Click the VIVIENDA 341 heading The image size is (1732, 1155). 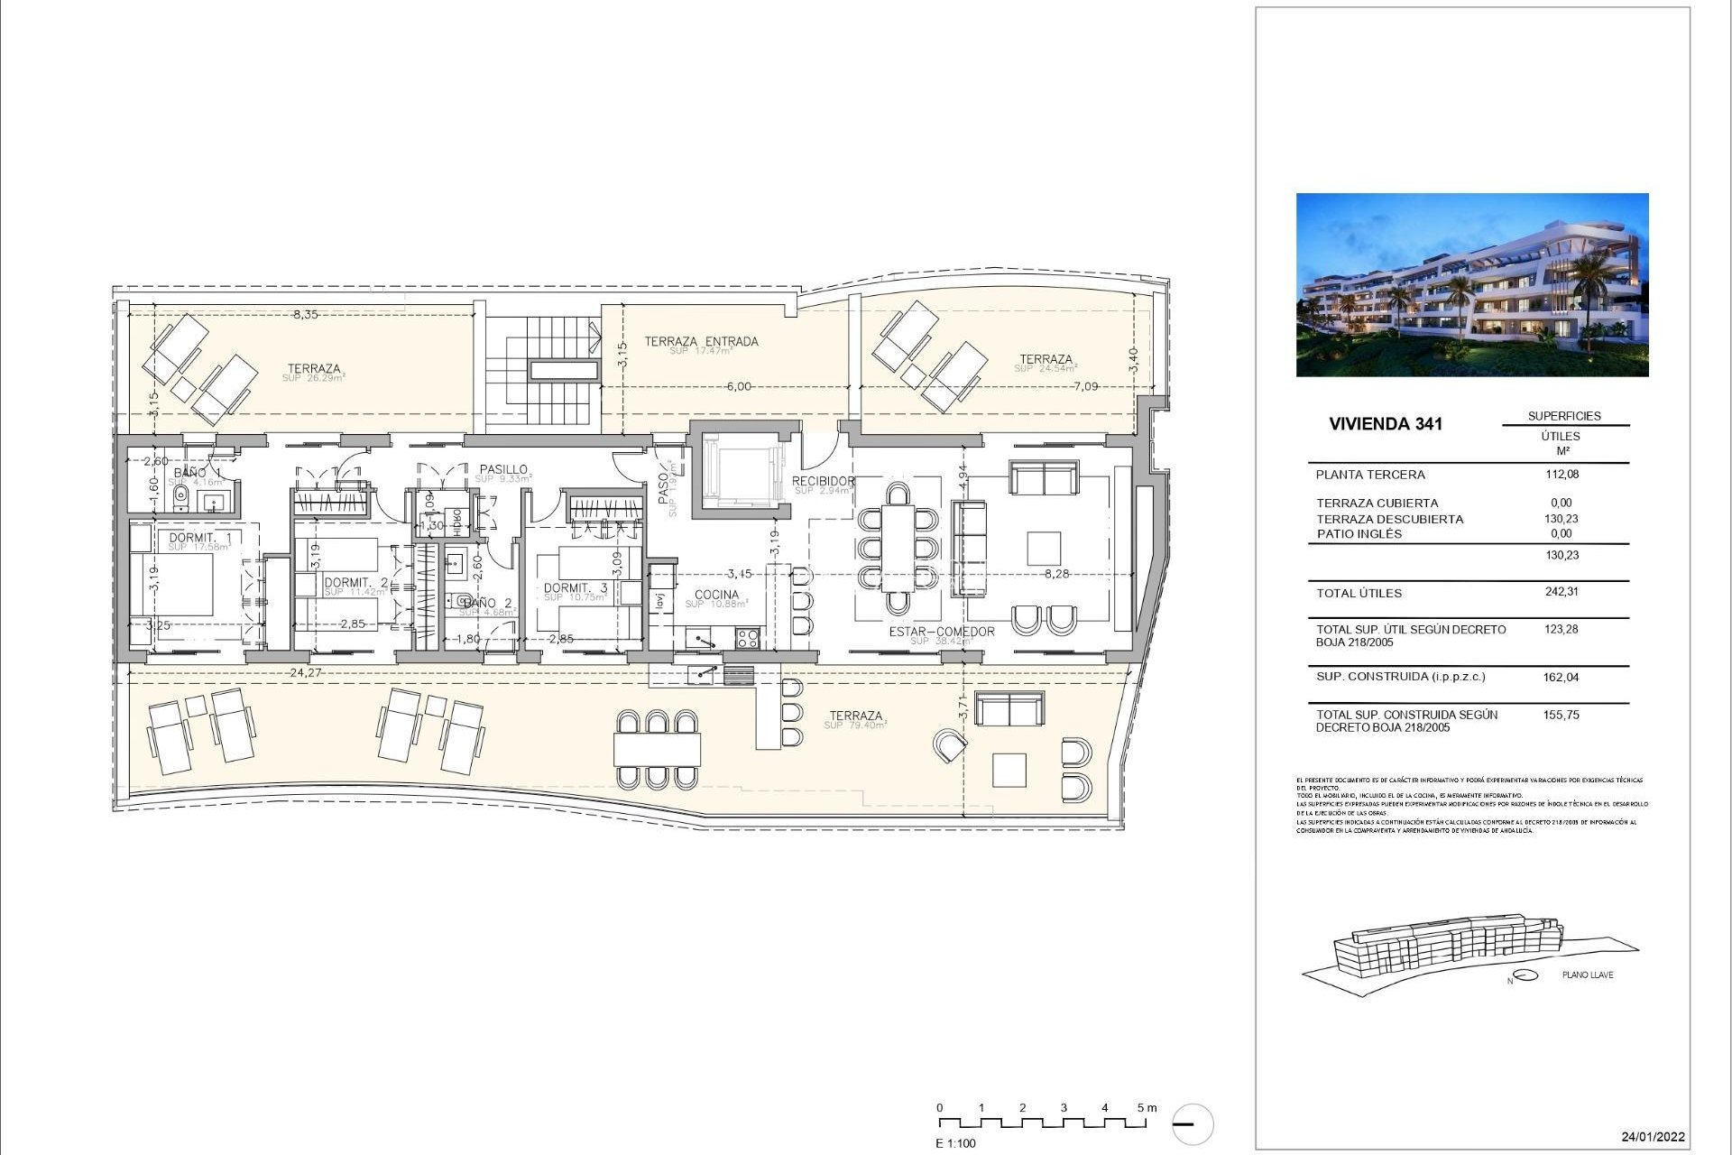click(x=1385, y=424)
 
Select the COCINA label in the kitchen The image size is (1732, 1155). click(x=716, y=595)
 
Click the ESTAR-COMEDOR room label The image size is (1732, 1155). click(x=941, y=632)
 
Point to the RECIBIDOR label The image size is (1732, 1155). click(x=823, y=482)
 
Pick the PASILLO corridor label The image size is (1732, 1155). click(x=503, y=469)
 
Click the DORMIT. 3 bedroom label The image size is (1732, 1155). click(x=576, y=588)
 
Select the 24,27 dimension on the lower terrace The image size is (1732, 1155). click(x=308, y=672)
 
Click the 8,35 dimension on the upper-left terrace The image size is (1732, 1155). click(x=305, y=315)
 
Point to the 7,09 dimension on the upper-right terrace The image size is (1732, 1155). click(x=1086, y=386)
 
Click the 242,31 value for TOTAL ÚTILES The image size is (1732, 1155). click(x=1561, y=592)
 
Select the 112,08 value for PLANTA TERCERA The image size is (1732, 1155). click(x=1562, y=474)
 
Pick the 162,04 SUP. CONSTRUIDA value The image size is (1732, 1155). click(x=1561, y=677)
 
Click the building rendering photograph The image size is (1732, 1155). click(x=1471, y=284)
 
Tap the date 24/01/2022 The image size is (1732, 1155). click(x=1653, y=1136)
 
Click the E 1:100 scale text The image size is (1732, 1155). click(x=955, y=1143)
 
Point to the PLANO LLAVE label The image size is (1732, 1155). click(x=1588, y=975)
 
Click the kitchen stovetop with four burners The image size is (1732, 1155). click(x=748, y=638)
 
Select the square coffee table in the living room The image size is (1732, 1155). click(x=1043, y=549)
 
